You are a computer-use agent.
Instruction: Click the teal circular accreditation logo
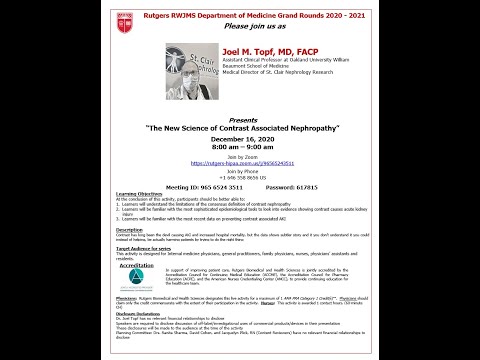tap(136, 277)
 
